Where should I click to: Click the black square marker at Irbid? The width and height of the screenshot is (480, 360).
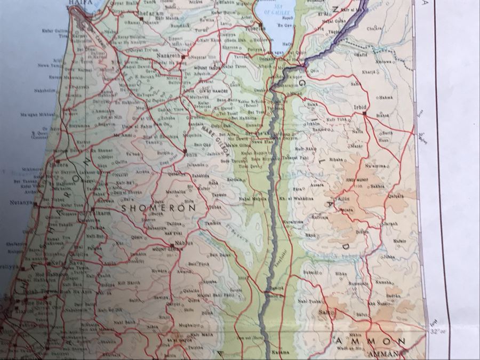click(x=364, y=113)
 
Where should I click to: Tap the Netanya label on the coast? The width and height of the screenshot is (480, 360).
click(x=21, y=204)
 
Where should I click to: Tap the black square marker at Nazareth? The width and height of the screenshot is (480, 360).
click(x=183, y=56)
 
